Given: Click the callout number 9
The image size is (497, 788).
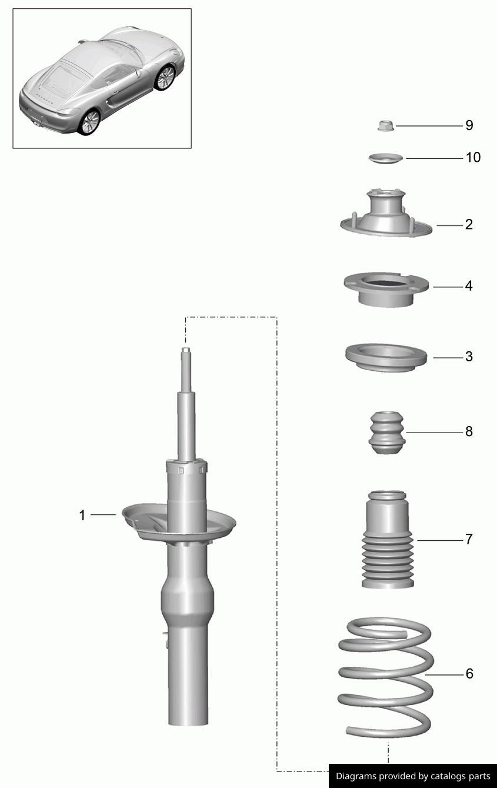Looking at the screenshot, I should [x=469, y=125].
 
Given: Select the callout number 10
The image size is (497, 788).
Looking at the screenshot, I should [x=473, y=158].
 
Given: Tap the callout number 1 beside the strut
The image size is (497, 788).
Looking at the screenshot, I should [x=82, y=516].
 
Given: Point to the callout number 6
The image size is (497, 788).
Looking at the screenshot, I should [x=469, y=674].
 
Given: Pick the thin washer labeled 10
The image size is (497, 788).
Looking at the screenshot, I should [x=386, y=158].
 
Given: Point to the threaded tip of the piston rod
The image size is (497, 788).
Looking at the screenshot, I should [x=185, y=352].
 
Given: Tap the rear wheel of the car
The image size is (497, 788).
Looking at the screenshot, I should [x=90, y=122].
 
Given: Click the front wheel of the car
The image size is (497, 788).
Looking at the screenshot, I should [x=165, y=78].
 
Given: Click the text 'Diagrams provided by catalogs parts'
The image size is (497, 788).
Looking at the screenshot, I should [x=412, y=776].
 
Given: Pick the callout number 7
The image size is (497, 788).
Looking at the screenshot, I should [x=469, y=540].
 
